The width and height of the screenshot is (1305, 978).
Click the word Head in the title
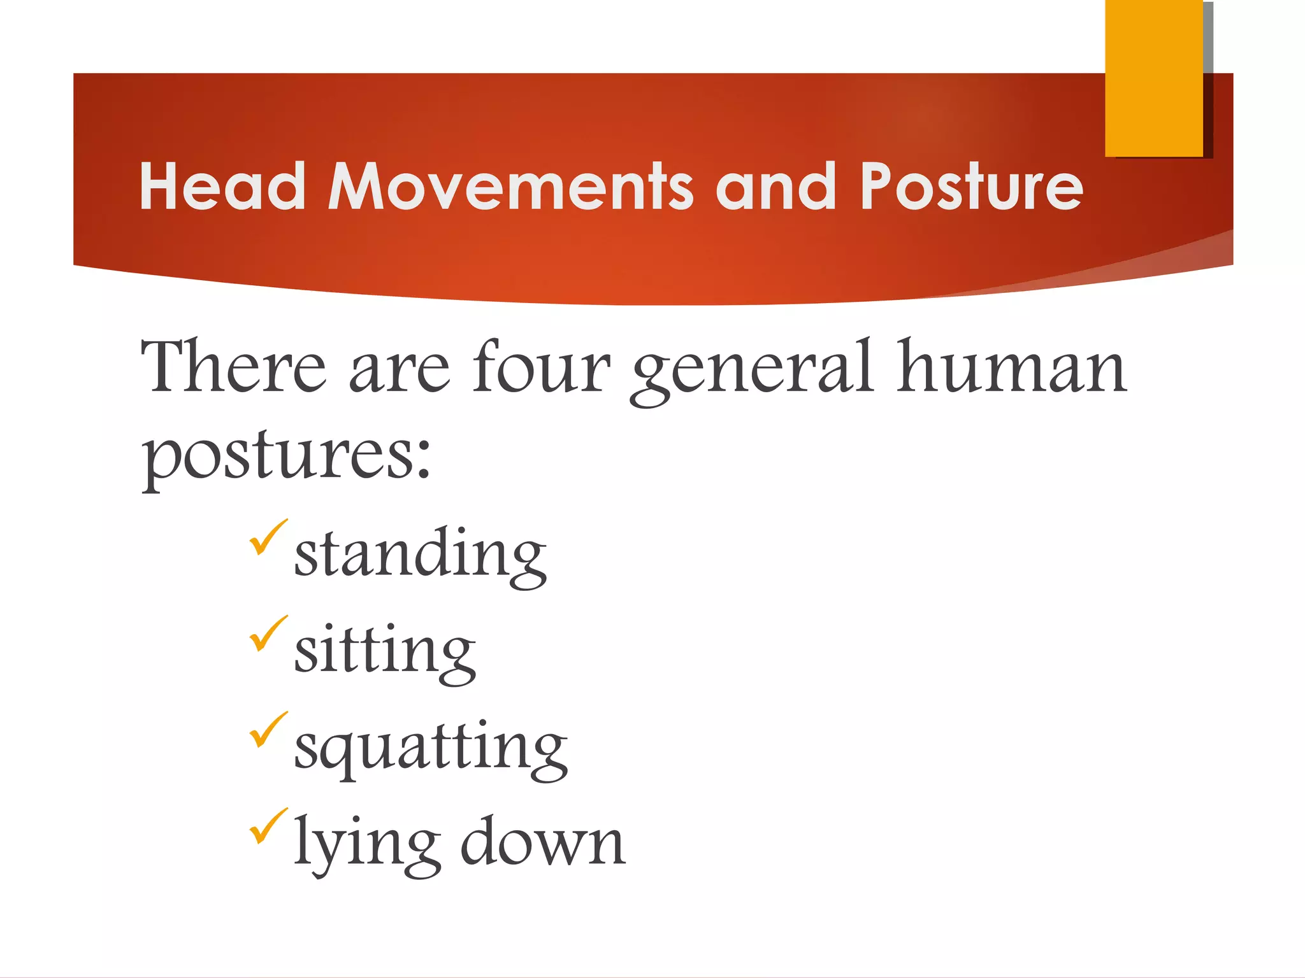pos(222,186)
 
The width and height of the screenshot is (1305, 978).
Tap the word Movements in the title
pos(510,186)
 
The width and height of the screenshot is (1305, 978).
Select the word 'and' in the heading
pos(775,186)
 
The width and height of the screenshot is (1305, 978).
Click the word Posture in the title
pos(971,186)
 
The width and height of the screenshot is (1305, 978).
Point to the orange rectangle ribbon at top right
pos(1153,78)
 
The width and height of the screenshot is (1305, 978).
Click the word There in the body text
pos(233,368)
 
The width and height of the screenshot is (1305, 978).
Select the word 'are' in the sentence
pos(399,376)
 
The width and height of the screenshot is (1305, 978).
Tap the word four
pos(542,368)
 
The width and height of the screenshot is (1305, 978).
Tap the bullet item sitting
pos(384,651)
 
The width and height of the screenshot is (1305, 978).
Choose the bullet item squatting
pos(431,748)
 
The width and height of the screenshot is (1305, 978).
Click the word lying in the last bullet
pos(367,844)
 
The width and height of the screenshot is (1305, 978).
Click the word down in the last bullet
pos(543,842)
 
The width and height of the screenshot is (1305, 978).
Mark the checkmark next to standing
pos(268,537)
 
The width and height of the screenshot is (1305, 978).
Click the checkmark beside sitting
pos(268,634)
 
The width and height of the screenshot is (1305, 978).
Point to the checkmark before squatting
pos(268,730)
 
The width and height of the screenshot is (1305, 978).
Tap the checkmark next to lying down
pos(268,826)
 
